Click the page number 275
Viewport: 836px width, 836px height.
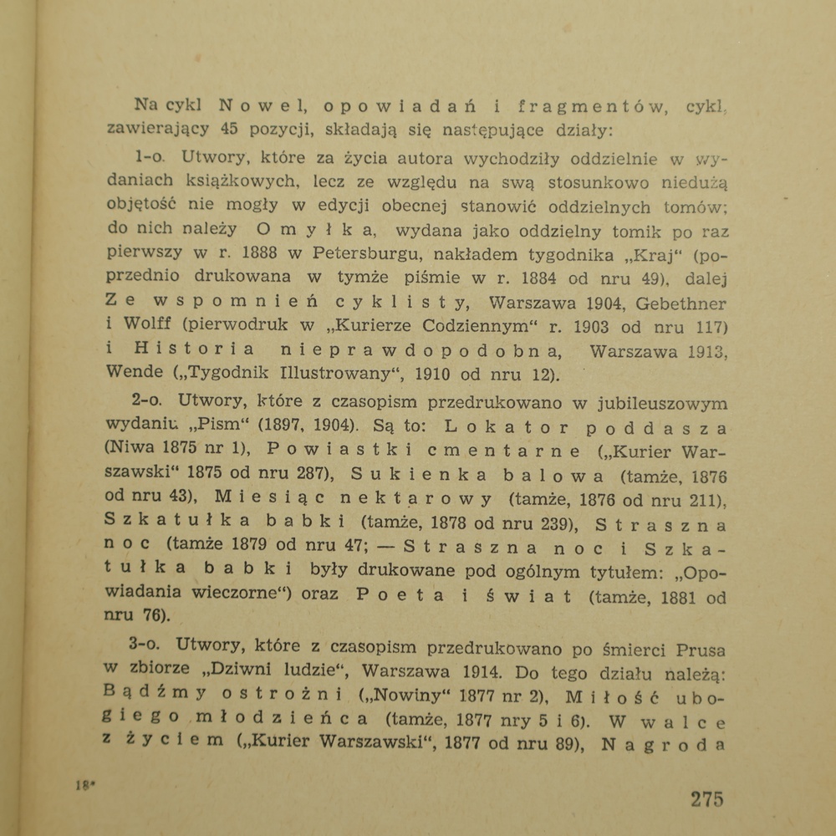point(706,798)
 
